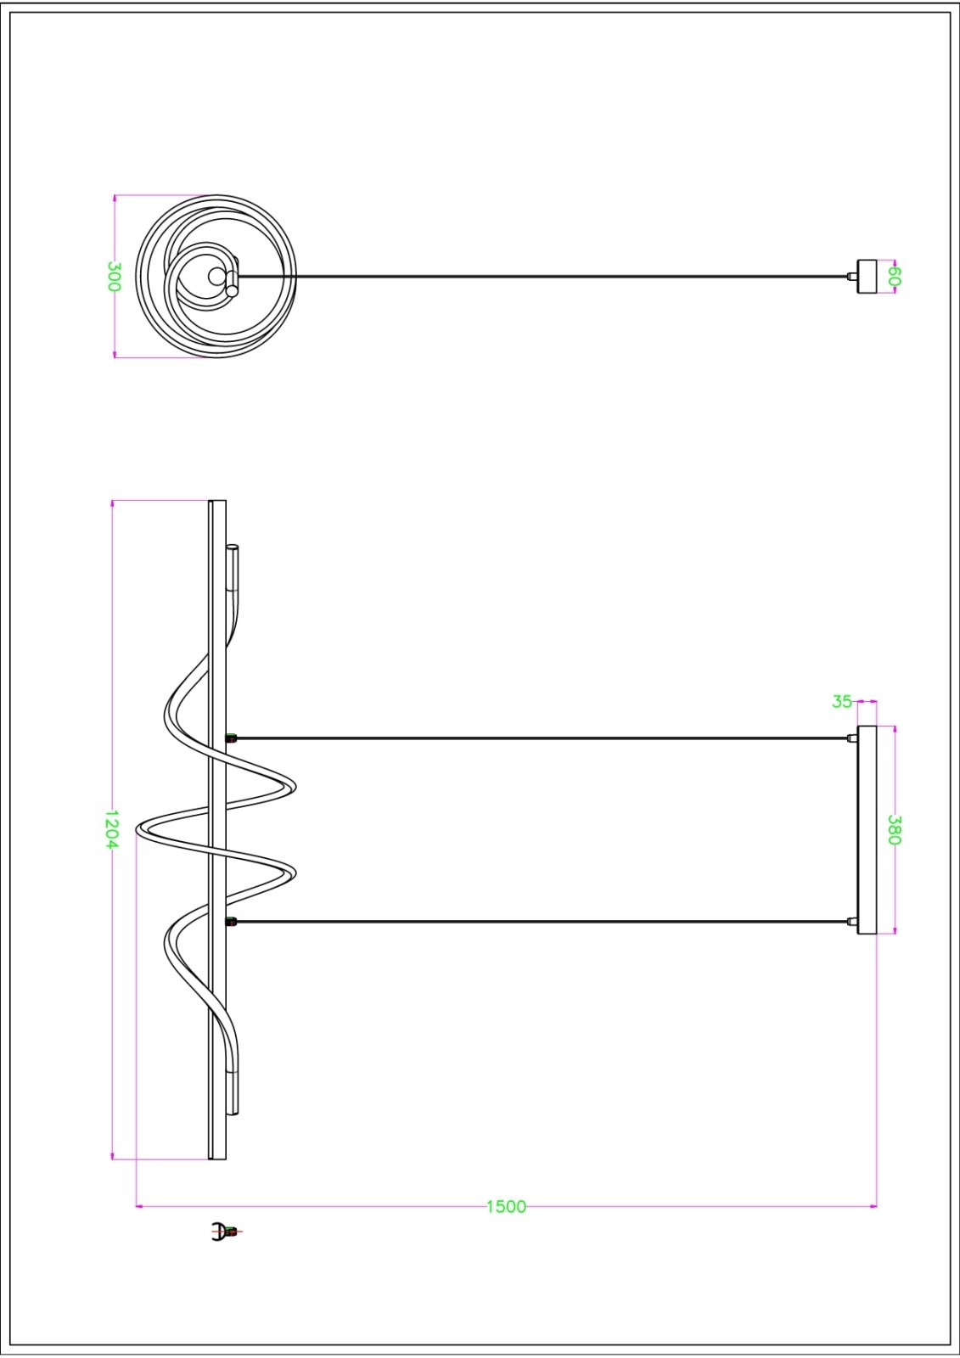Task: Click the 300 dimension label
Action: pos(115,277)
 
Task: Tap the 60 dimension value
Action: pos(895,277)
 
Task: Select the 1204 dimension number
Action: pos(111,829)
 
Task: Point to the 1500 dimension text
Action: pos(507,1206)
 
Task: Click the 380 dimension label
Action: pos(895,830)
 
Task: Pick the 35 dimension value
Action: pos(842,701)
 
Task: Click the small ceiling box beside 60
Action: pos(867,277)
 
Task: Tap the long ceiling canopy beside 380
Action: pos(867,830)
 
